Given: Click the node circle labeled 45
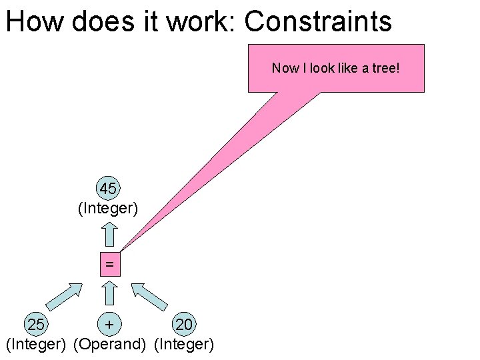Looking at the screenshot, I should [x=108, y=189].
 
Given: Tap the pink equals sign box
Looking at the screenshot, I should [x=109, y=265].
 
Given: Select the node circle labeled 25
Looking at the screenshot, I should [x=37, y=325].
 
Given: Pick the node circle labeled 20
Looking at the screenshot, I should [x=183, y=325].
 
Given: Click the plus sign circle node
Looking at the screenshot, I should [x=109, y=325].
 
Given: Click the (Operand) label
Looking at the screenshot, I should [x=109, y=345].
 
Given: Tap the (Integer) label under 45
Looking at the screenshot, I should [x=108, y=209].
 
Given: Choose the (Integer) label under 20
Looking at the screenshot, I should [x=184, y=345].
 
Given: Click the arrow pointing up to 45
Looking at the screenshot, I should [x=109, y=233].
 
